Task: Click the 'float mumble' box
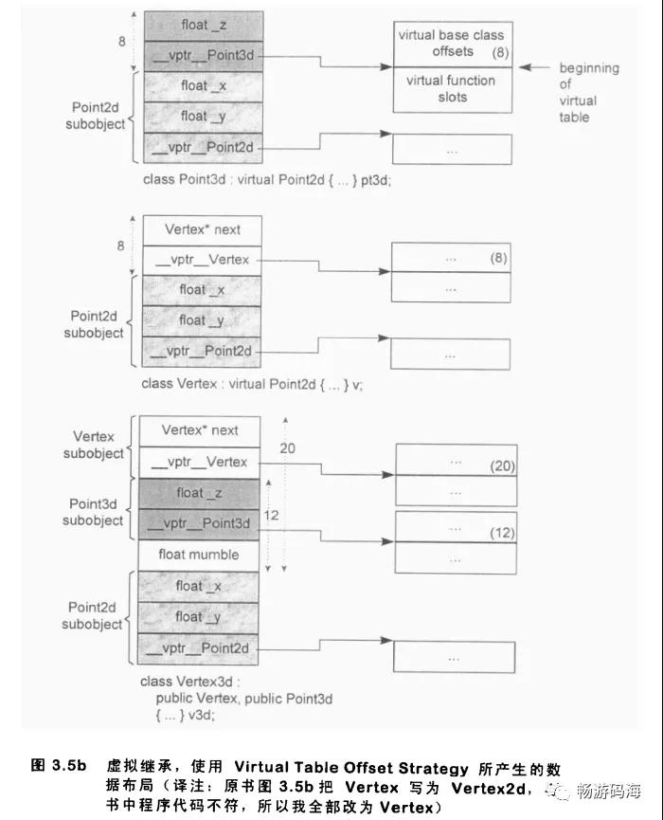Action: pyautogui.click(x=199, y=556)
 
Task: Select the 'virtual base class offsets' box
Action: pyautogui.click(x=453, y=45)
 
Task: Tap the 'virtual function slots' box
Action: pyautogui.click(x=453, y=89)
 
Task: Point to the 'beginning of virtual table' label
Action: pyautogui.click(x=588, y=93)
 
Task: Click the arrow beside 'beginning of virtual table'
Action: pyautogui.click(x=534, y=67)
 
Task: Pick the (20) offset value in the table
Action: pyautogui.click(x=503, y=465)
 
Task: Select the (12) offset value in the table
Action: pyautogui.click(x=503, y=533)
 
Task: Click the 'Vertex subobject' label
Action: pyautogui.click(x=94, y=445)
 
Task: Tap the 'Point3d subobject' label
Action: pyautogui.click(x=93, y=513)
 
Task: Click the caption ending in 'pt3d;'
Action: pyautogui.click(x=267, y=180)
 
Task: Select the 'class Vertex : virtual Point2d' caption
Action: pyautogui.click(x=252, y=384)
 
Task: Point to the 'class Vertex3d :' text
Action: pyautogui.click(x=190, y=682)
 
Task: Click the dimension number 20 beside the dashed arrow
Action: pyautogui.click(x=287, y=448)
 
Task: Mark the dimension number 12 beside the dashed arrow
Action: pyautogui.click(x=271, y=516)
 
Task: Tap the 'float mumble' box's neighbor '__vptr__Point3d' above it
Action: pyautogui.click(x=199, y=524)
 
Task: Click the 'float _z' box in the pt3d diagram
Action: pyautogui.click(x=204, y=26)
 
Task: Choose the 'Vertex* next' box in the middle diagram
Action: pyautogui.click(x=202, y=230)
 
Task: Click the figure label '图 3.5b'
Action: pyautogui.click(x=59, y=766)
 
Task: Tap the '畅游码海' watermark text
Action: pyautogui.click(x=609, y=792)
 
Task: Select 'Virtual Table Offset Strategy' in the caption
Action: pyautogui.click(x=351, y=768)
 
